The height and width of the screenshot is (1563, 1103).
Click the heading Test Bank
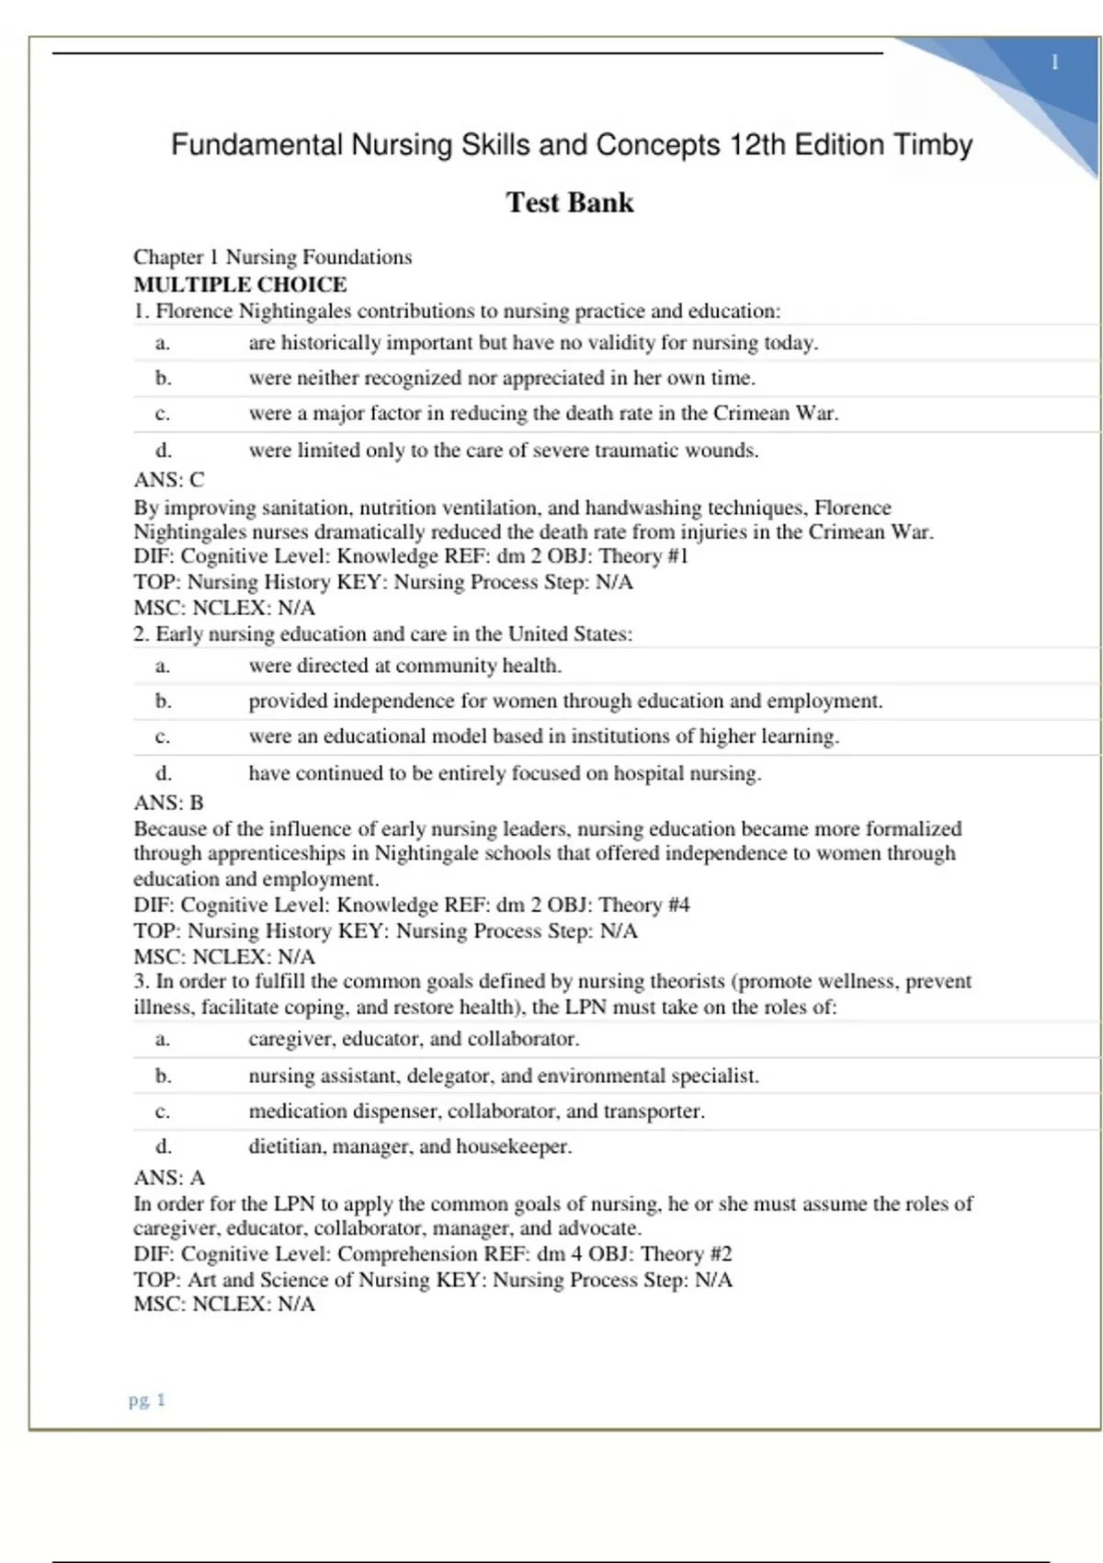(570, 202)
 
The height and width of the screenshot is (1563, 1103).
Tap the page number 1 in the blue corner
(1054, 63)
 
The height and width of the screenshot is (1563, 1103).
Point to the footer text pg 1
(147, 1399)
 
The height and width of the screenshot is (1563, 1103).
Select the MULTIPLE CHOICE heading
(240, 284)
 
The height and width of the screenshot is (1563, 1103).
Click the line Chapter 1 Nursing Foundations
(272, 257)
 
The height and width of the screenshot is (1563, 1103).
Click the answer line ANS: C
(169, 479)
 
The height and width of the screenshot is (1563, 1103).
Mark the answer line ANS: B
(169, 803)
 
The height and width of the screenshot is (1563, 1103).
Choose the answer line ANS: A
(169, 1178)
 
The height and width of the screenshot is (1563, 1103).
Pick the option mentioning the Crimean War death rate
(543, 414)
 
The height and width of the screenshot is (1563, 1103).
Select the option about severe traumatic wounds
(503, 451)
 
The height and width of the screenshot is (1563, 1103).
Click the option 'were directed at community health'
(404, 666)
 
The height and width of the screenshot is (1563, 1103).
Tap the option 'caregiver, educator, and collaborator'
(414, 1039)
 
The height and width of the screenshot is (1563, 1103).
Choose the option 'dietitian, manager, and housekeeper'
(410, 1147)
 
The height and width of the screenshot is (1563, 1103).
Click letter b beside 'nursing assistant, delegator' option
(164, 1075)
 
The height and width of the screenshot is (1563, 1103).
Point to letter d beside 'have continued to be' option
(164, 773)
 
